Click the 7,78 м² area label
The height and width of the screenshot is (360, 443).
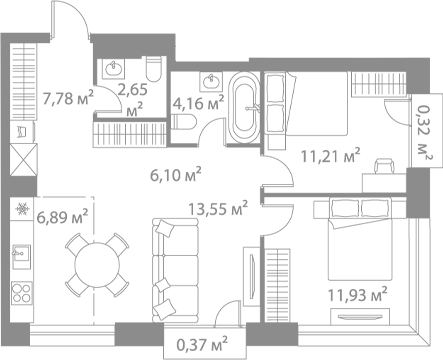pyautogui.click(x=68, y=97)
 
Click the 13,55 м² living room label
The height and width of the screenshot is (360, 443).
pyautogui.click(x=211, y=209)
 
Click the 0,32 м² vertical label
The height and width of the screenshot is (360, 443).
pyautogui.click(x=424, y=133)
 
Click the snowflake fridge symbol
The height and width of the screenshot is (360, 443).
pyautogui.click(x=20, y=211)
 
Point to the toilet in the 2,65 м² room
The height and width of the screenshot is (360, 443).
pyautogui.click(x=153, y=70)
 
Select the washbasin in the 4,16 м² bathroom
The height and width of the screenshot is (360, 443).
pyautogui.click(x=209, y=79)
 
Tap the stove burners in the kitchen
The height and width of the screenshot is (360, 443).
pyautogui.click(x=19, y=292)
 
